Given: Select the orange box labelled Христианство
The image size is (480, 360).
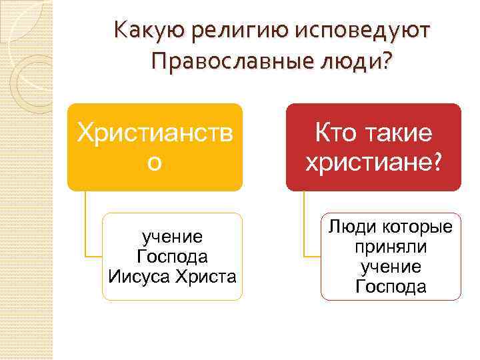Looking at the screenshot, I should (154, 147).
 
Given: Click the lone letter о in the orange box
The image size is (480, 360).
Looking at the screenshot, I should (154, 163).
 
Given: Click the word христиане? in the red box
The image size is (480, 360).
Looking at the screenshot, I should (373, 163).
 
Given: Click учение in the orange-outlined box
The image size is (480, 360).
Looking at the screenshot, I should (172, 237).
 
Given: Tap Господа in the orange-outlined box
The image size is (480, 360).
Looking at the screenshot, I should (172, 256).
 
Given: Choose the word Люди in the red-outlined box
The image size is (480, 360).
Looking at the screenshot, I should (349, 228).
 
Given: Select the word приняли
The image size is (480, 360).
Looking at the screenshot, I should (390, 247).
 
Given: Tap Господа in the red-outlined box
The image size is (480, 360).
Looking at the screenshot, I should (390, 287).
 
